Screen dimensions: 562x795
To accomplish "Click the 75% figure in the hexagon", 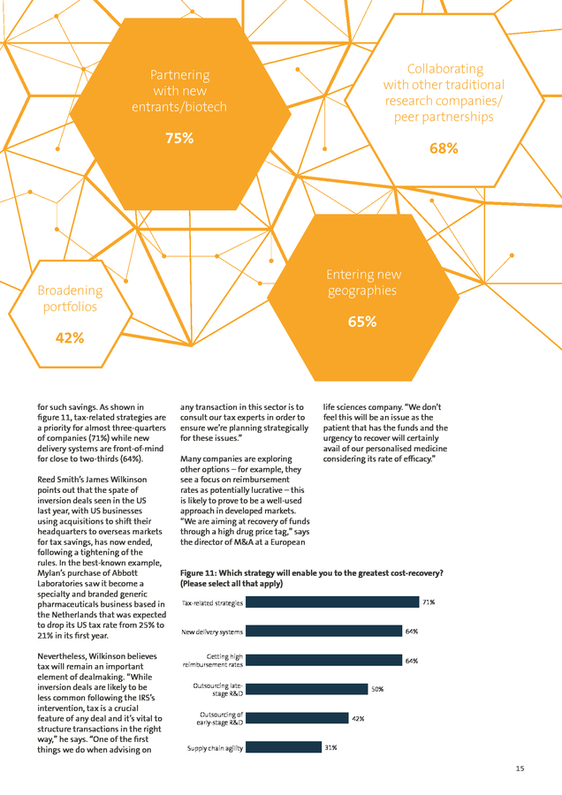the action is tap(179, 138).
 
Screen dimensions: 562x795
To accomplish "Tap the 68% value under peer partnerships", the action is tap(444, 148).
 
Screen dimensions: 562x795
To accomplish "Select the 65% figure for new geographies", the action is tap(362, 322).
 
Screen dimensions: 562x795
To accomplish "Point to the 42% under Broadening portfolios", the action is tap(70, 337).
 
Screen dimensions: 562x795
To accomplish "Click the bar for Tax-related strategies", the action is tap(332, 602).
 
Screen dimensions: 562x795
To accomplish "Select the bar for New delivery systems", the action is tap(324, 631).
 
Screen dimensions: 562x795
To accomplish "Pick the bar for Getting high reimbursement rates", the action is tap(324, 660).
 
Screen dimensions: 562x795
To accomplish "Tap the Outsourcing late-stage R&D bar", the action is tap(307, 689).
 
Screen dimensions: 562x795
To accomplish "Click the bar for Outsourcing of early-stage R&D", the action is tap(297, 718).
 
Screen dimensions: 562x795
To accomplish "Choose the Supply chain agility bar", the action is tap(284, 746).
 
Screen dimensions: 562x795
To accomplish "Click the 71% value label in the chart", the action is tap(429, 602).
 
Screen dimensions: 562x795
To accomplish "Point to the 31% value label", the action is tap(330, 747).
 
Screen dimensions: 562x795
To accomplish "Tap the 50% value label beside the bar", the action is tap(377, 690).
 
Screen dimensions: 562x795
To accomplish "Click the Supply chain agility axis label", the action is tap(215, 748).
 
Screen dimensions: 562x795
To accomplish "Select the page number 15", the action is tap(520, 768).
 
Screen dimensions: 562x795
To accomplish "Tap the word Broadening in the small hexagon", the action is tap(70, 291).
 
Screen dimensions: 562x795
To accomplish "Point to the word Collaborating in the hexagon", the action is tap(445, 69).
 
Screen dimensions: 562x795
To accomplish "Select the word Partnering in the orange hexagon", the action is tap(179, 75).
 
